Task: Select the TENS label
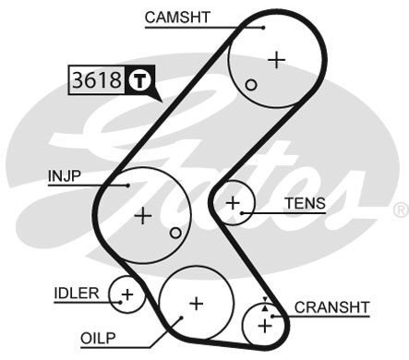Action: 305,203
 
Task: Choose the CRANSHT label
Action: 332,306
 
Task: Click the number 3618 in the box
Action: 96,80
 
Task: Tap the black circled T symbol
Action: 138,80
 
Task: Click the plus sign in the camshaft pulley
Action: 276,60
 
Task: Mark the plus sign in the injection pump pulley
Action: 142,216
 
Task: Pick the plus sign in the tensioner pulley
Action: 233,201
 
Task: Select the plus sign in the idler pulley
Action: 127,295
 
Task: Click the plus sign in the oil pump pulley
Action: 195,302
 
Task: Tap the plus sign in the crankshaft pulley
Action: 266,324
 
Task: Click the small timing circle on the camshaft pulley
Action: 251,85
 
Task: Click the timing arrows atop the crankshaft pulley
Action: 266,303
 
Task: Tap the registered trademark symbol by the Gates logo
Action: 399,211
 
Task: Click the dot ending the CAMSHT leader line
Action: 263,26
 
